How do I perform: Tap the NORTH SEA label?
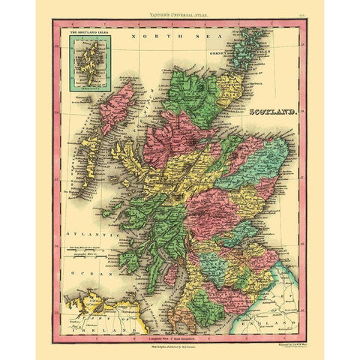tap(157, 35)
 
